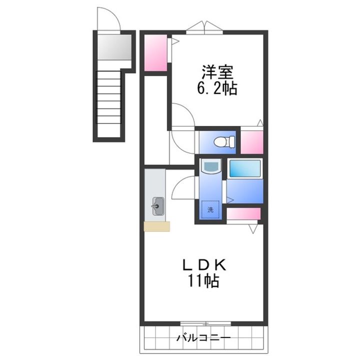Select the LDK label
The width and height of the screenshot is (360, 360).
[x=202, y=263]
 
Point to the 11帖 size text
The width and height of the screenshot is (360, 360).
[x=202, y=281]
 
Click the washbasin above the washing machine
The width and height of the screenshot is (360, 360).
[x=209, y=166]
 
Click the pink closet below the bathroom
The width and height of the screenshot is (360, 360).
[x=243, y=214]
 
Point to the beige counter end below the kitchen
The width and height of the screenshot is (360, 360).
[x=156, y=226]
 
